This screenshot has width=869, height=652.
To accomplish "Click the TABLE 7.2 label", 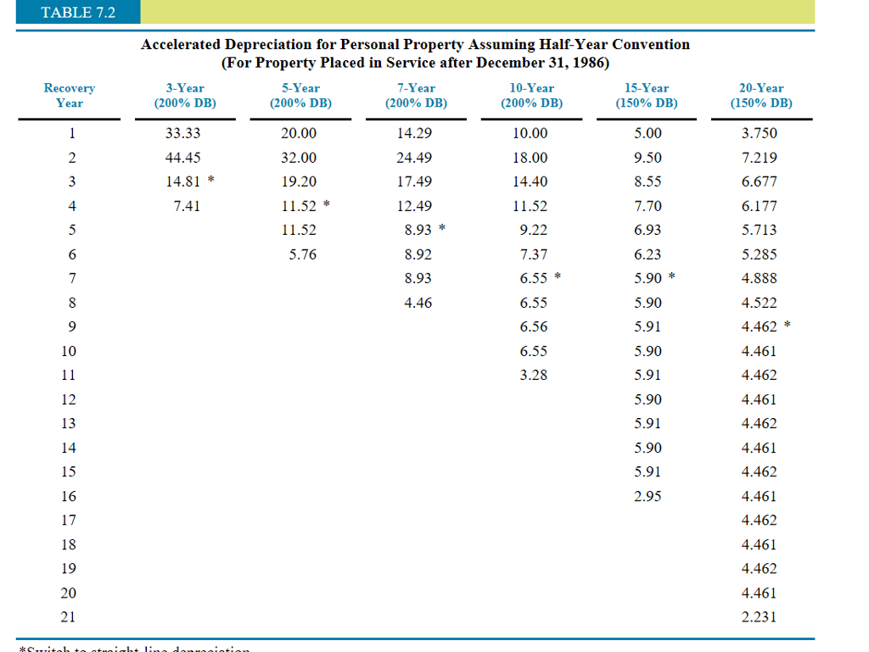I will pos(78,12).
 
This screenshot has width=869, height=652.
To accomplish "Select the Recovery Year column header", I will pos(70,95).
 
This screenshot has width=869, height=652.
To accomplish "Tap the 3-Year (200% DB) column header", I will pos(184,95).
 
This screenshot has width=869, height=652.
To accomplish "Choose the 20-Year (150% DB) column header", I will pos(760,95).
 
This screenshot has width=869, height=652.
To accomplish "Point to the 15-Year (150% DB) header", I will pos(646,95).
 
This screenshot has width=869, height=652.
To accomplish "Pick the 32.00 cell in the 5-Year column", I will pos(298,158).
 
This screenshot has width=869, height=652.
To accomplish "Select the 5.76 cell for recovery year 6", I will pos(302,254).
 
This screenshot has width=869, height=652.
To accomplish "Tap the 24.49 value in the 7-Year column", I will pos(414,158).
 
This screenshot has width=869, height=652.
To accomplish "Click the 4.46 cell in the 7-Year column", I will pos(418,303).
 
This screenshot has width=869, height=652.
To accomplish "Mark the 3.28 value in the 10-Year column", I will pos(533,376).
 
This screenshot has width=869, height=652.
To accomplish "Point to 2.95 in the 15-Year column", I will pos(648,497).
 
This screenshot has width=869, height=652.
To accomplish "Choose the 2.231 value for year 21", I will pos(759,617).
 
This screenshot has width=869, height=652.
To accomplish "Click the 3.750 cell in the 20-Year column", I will pos(759,133).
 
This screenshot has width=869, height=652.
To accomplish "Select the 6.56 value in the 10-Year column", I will pos(533,327).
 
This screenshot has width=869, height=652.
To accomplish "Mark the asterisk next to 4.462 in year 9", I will pos(787,326).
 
